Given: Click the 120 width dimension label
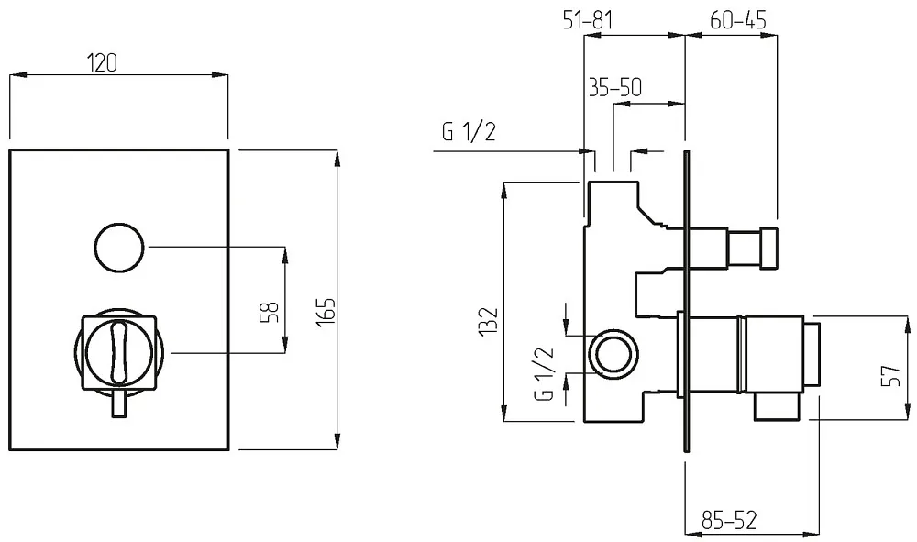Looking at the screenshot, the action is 102,62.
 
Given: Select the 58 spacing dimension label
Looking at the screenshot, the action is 270,312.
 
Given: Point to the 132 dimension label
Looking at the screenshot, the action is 489,321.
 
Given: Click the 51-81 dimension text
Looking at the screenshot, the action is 588,20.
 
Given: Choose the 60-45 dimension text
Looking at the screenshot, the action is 738,20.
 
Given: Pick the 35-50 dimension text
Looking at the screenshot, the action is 615,87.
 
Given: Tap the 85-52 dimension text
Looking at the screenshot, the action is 729,519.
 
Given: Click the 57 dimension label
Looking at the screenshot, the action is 890,375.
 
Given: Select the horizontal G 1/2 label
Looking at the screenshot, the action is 469,132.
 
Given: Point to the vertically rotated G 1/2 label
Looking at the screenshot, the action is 545,373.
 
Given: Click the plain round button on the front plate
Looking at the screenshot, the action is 119,247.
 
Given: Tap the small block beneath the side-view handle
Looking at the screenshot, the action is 777,405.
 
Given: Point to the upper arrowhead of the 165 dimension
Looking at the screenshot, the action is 337,157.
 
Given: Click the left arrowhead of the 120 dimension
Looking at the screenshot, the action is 17,75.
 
